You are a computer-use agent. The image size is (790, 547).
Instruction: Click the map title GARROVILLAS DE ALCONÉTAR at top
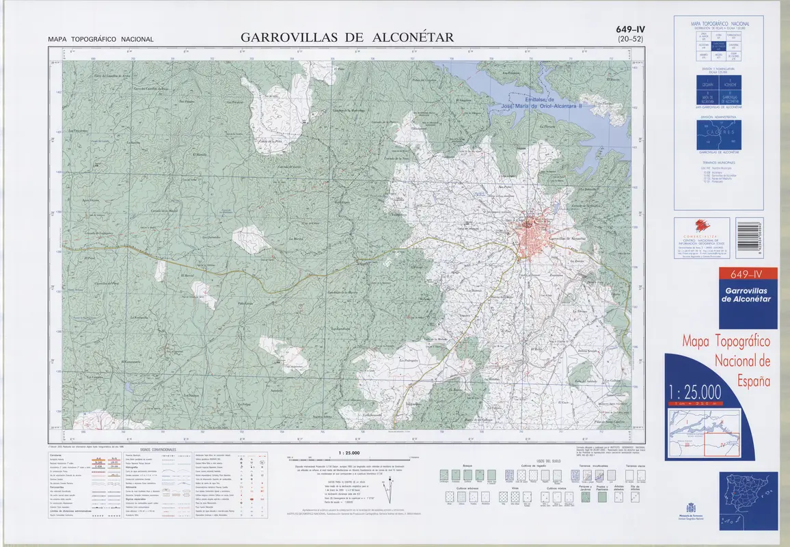tap(346, 38)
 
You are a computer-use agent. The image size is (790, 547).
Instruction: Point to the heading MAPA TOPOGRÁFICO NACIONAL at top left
tap(101, 40)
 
